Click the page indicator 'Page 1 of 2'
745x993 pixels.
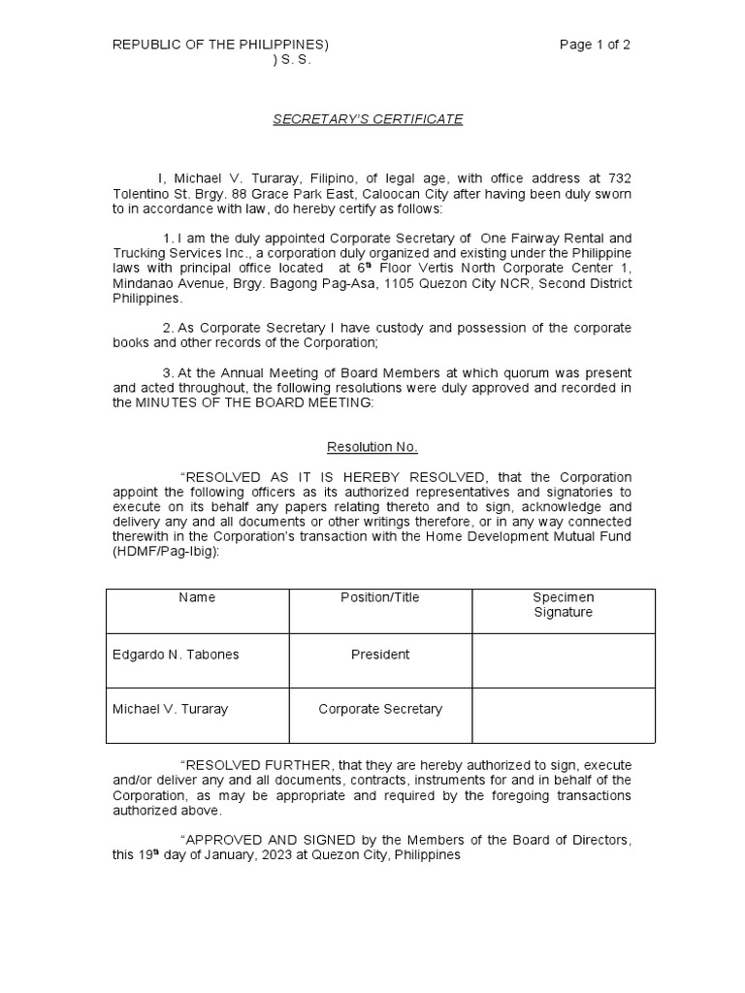pos(596,45)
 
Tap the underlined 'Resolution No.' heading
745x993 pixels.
pos(372,447)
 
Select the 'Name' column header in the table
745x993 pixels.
pos(197,597)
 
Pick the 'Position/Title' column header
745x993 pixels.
pos(380,597)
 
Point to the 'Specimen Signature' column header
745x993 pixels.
pos(563,605)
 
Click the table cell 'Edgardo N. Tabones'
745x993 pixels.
pos(176,655)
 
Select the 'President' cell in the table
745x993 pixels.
pos(380,655)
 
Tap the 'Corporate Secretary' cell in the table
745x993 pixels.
pos(380,709)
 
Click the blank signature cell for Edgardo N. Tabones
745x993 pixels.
pos(564,655)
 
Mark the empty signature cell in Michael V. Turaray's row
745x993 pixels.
pos(564,709)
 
